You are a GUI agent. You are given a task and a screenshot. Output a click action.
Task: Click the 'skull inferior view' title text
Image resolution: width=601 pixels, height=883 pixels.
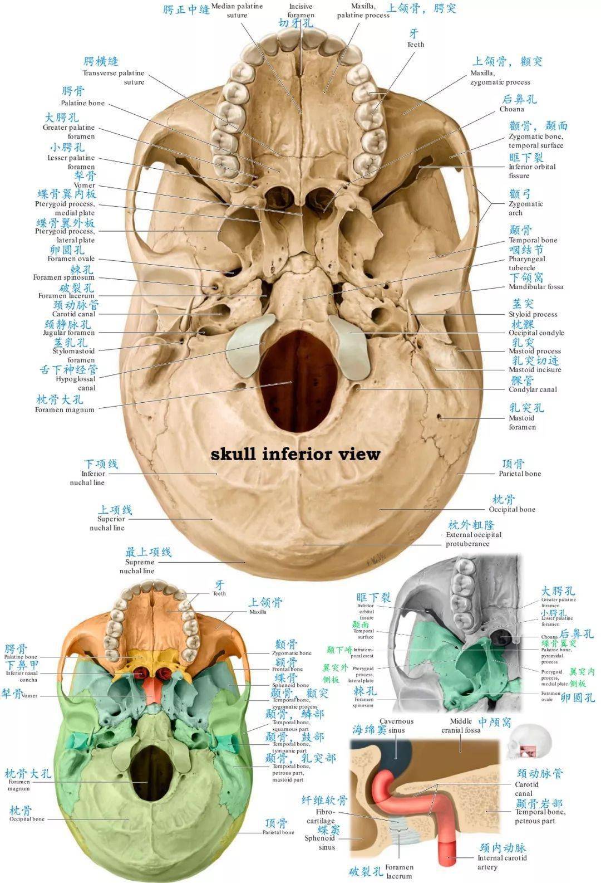tap(295, 454)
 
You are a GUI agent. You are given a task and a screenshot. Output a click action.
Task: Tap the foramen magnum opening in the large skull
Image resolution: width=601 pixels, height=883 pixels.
tap(299, 379)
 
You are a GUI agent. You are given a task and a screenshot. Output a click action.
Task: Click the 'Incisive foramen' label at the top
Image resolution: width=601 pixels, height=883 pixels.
tap(300, 11)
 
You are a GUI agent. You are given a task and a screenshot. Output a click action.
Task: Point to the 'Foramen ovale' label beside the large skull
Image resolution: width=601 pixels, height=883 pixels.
tap(71, 258)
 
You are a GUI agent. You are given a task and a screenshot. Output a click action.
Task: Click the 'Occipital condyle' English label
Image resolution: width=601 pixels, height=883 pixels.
tap(536, 333)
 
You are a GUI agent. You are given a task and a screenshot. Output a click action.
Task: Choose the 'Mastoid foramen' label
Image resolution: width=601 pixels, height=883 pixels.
tap(522, 422)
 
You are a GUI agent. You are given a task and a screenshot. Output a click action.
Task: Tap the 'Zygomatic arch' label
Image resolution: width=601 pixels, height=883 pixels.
tap(525, 208)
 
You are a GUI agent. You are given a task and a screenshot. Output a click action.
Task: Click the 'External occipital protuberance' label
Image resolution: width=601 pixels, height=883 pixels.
tap(473, 539)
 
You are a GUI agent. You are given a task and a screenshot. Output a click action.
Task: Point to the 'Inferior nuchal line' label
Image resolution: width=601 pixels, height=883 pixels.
tap(87, 478)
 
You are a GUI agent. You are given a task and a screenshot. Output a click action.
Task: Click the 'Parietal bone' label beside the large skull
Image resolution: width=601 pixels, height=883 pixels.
tap(519, 474)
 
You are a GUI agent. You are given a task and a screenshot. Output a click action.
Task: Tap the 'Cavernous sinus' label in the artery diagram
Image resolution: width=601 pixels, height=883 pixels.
tap(396, 725)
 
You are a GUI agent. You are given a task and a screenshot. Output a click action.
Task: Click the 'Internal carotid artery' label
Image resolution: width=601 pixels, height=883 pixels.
tap(502, 862)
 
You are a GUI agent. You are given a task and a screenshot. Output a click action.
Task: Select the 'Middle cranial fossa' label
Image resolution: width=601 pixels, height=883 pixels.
tap(461, 725)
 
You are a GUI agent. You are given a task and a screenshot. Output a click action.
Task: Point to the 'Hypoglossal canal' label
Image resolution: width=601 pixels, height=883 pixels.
tap(76, 383)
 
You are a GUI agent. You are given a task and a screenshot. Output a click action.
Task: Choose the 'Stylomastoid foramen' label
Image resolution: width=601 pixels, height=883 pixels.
tap(74, 355)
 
